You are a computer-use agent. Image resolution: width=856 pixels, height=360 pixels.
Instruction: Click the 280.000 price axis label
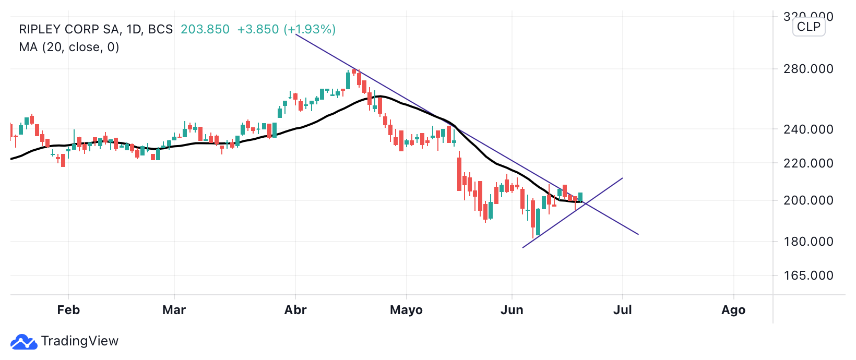pos(808,69)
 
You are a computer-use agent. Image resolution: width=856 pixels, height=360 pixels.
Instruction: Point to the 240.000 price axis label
pos(808,129)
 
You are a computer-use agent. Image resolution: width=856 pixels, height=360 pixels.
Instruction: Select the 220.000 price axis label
pos(808,163)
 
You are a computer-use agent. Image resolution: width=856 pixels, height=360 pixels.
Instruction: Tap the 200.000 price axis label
pos(808,200)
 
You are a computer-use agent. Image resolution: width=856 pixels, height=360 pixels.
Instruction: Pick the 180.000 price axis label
pos(808,242)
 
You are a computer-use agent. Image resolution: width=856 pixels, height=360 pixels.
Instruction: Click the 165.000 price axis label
pos(808,275)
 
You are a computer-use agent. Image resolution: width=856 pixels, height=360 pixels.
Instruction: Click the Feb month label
pos(68,310)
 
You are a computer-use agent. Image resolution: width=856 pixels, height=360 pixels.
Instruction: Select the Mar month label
pos(174,310)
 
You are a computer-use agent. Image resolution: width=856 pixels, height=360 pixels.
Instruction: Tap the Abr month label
pos(295,310)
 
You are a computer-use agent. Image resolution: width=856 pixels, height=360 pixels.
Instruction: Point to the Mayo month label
pos(406,310)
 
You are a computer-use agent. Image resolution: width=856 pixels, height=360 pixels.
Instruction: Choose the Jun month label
pos(512,310)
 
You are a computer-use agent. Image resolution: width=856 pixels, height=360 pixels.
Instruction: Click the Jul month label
pos(623,310)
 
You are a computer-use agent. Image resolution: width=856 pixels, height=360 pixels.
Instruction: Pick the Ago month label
pos(733,310)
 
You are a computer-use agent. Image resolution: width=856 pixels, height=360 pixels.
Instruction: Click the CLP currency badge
pos(809,27)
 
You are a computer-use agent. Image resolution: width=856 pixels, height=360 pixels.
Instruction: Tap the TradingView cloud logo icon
pos(23,342)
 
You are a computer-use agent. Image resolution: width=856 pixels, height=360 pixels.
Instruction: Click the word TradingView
pos(80,341)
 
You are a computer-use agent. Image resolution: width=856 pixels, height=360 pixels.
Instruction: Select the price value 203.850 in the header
pos(205,29)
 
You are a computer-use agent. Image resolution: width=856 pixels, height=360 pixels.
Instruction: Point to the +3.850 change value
pos(258,29)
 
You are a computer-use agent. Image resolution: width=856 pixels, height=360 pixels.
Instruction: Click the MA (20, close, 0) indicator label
pos(69,47)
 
